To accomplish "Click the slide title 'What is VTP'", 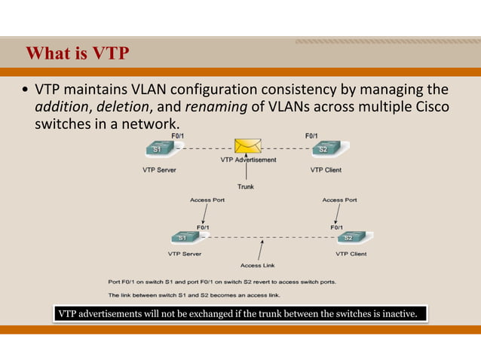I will (78, 53).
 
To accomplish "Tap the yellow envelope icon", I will (247, 146).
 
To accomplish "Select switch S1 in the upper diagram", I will (158, 149).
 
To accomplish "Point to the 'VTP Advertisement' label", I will (248, 160).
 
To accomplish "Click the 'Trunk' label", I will (246, 186).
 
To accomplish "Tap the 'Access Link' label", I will (257, 265).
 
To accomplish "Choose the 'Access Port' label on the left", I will (207, 200).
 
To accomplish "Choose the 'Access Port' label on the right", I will (339, 200).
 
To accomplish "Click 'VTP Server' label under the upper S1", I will (159, 170).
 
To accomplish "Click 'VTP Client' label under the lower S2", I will (351, 254).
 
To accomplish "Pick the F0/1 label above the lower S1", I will (204, 226).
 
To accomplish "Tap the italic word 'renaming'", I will (216, 107).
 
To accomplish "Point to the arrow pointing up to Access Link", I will (260, 249).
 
